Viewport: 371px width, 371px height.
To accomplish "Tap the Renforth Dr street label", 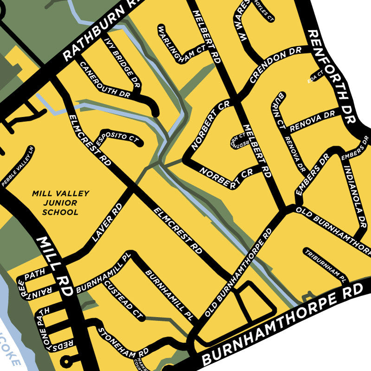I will coord(332,77).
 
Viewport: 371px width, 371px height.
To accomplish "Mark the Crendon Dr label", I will coord(269,68).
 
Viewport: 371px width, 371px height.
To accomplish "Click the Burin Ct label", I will coord(279,109).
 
